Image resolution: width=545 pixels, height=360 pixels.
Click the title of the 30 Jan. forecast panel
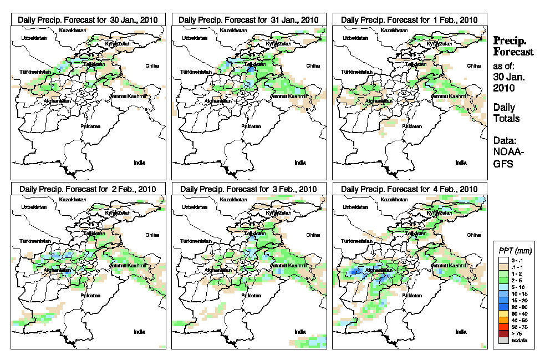88,19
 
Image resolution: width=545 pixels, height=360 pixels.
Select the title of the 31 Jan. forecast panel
249,19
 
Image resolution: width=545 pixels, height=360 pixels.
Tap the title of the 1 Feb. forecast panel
409,19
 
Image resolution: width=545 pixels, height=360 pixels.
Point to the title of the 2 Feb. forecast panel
88,189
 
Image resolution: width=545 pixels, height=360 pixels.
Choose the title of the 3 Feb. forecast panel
249,189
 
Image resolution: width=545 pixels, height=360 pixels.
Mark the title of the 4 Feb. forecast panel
409,189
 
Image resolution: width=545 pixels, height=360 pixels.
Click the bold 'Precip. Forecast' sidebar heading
513,46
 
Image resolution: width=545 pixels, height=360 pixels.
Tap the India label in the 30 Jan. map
139,163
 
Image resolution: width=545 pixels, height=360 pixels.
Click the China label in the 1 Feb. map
473,65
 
